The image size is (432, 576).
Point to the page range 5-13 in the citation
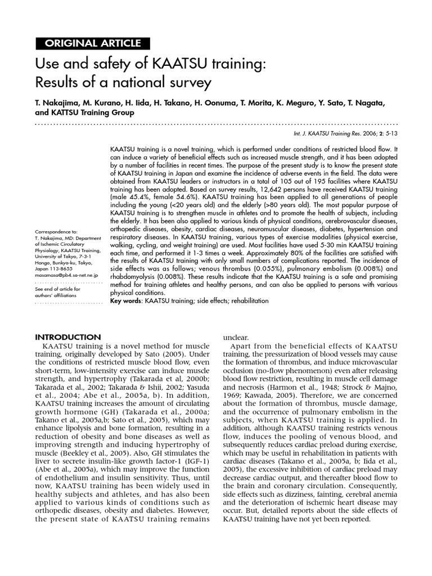[x=390, y=135]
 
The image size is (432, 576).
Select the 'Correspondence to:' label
[x=56, y=232]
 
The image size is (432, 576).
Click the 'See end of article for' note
[x=58, y=289]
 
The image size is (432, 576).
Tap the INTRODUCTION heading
[x=68, y=336]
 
